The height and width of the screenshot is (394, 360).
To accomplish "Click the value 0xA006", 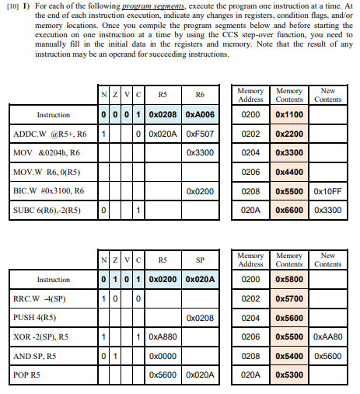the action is tap(200, 114).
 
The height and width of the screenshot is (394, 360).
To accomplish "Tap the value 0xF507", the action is tap(200, 133).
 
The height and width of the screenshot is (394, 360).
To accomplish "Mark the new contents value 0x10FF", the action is tap(327, 190).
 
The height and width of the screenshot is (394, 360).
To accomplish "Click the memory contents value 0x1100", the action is tap(289, 114).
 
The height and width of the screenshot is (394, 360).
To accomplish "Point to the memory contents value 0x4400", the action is tap(289, 171).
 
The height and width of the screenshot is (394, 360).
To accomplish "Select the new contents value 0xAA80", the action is tap(327, 336).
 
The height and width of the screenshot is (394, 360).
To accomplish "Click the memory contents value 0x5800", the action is tap(289, 279).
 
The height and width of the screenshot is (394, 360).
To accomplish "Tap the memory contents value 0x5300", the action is tap(289, 375).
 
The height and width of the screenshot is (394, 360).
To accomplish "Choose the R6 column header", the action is tap(200, 96).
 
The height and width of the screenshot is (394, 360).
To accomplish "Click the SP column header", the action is tap(200, 260).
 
